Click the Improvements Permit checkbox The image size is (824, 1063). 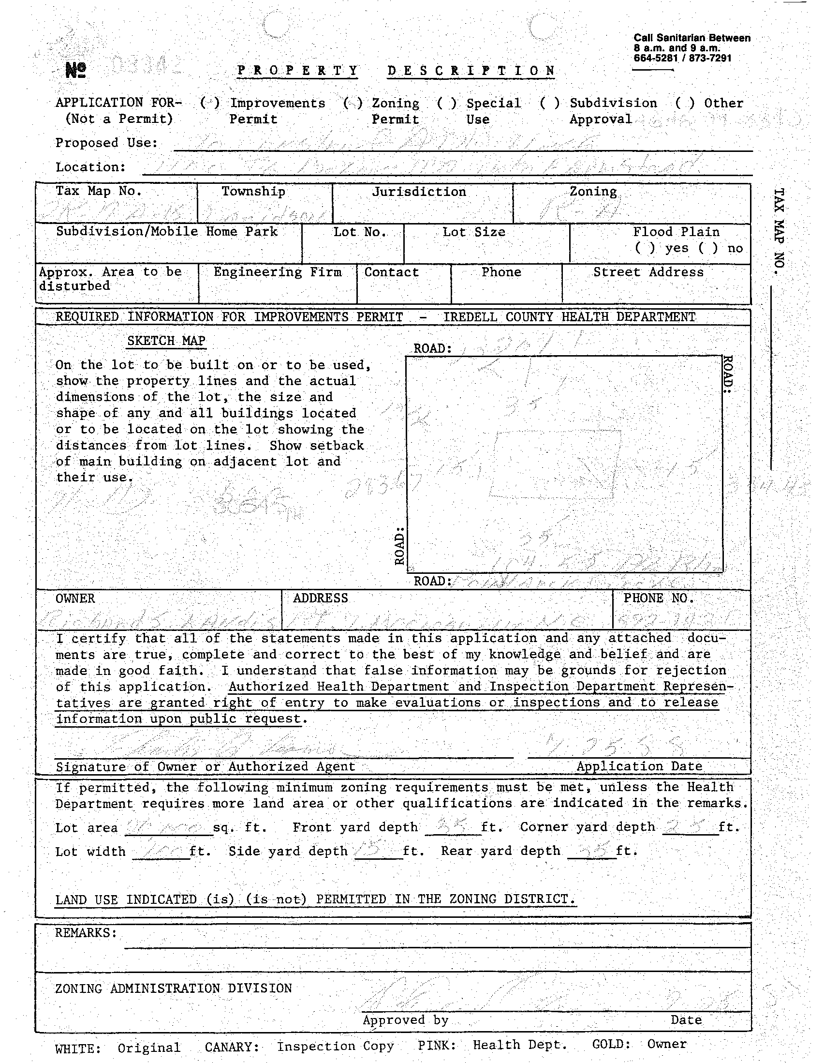click(x=210, y=103)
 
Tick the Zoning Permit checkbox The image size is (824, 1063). click(x=353, y=103)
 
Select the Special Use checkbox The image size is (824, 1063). click(x=446, y=103)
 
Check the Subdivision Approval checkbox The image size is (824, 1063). click(x=550, y=103)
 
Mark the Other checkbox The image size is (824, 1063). click(x=684, y=103)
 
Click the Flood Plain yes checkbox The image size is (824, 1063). click(x=645, y=248)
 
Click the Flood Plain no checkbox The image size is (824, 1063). click(x=708, y=248)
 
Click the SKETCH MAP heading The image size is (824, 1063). click(x=166, y=341)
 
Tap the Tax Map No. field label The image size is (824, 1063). click(x=98, y=191)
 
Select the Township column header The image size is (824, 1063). click(x=253, y=191)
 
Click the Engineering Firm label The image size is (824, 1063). click(x=277, y=272)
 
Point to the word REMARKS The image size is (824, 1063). click(x=86, y=932)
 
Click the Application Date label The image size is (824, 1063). click(x=639, y=766)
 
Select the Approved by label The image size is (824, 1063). click(x=405, y=1019)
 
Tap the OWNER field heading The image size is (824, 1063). click(x=75, y=598)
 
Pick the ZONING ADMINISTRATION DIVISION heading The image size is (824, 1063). click(x=173, y=988)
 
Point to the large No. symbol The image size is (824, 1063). click(x=76, y=71)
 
